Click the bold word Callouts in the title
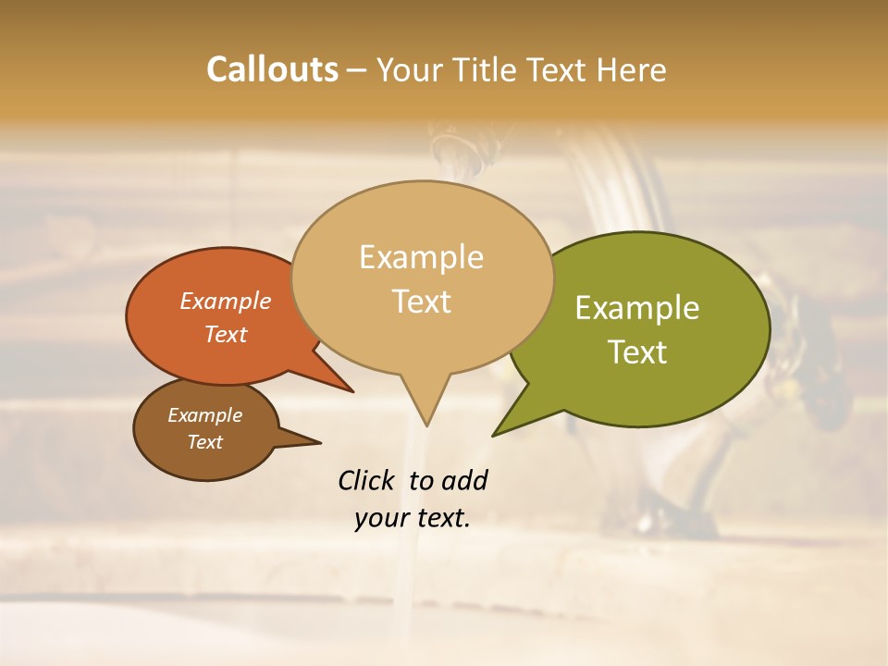point(272,69)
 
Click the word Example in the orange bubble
point(226,302)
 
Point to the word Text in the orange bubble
point(226,334)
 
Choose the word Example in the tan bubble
point(421,257)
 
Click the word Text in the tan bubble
point(421,302)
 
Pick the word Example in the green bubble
point(637,308)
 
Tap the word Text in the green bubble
point(637,352)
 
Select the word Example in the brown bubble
point(204,415)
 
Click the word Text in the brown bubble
point(204,442)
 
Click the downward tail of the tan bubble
point(426,416)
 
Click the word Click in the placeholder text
point(367,480)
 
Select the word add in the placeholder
point(465,480)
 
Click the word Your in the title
point(408,69)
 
